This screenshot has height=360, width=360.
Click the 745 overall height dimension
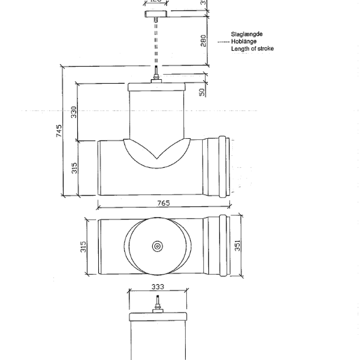[59, 131]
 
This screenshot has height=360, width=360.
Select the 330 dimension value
[74, 112]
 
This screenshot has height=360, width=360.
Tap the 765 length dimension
[164, 203]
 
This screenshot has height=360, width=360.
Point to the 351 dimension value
[237, 246]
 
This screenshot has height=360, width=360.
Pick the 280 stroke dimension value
[203, 40]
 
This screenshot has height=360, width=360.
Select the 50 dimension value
[203, 92]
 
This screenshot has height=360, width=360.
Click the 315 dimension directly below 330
[74, 168]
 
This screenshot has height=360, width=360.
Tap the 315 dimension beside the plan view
[83, 246]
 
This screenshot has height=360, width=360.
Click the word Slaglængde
[247, 34]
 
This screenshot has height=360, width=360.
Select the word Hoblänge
[244, 41]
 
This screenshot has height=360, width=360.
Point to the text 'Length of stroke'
[252, 48]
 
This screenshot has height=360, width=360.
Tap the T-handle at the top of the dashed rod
[156, 14]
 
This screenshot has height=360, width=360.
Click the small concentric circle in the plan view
[156, 246]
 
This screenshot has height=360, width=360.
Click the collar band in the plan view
[223, 246]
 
